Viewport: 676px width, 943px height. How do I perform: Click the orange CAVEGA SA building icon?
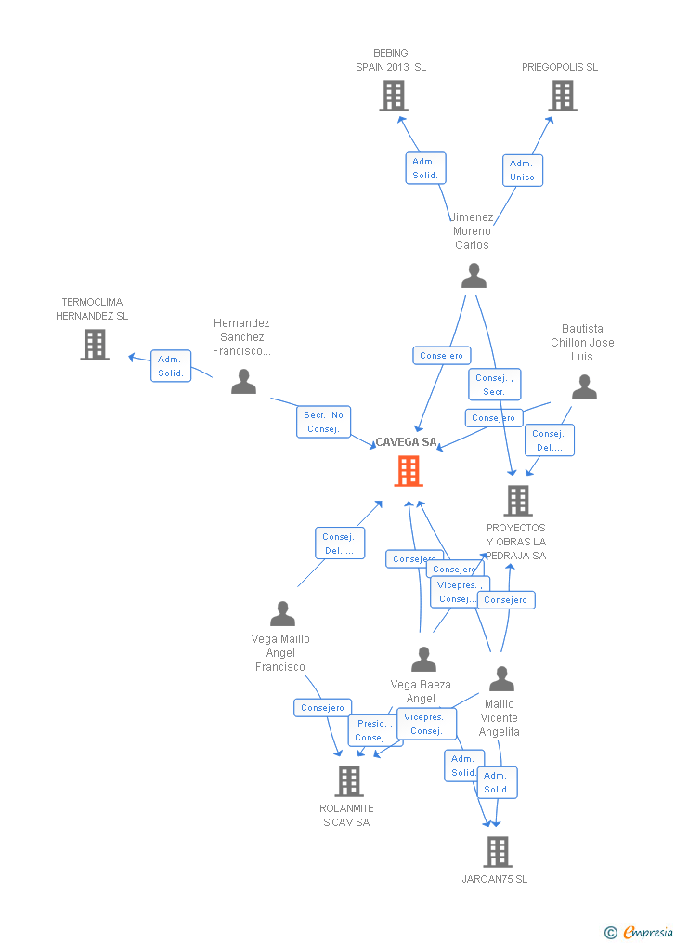click(409, 471)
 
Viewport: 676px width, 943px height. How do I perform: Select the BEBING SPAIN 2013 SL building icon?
click(394, 96)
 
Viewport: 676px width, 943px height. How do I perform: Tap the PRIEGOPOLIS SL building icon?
click(562, 96)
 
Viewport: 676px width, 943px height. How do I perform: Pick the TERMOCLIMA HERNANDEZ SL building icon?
click(94, 345)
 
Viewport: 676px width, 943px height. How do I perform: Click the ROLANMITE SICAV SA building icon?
click(349, 781)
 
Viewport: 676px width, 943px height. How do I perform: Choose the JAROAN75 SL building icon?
click(498, 851)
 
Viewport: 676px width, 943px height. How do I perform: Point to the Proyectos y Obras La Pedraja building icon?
click(517, 501)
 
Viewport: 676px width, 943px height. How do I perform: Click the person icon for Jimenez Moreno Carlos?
click(474, 276)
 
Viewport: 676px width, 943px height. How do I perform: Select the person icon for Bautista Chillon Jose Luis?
click(584, 386)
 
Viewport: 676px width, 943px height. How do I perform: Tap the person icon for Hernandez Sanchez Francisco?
click(243, 381)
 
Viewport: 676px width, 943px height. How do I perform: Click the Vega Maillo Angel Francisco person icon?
click(282, 613)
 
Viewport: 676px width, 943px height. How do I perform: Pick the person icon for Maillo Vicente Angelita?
click(501, 679)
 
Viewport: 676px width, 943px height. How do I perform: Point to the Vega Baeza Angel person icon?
click(423, 660)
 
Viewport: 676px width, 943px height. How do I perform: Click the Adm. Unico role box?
click(522, 170)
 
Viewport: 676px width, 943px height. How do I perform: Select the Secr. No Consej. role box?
click(323, 422)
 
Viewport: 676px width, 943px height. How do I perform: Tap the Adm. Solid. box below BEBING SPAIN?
click(425, 168)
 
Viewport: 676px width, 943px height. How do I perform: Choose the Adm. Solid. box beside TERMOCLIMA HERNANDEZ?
click(171, 366)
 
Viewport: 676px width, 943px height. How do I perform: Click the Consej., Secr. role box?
click(494, 385)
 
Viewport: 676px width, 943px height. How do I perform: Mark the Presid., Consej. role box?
click(374, 730)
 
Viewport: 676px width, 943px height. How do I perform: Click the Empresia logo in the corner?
click(640, 932)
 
